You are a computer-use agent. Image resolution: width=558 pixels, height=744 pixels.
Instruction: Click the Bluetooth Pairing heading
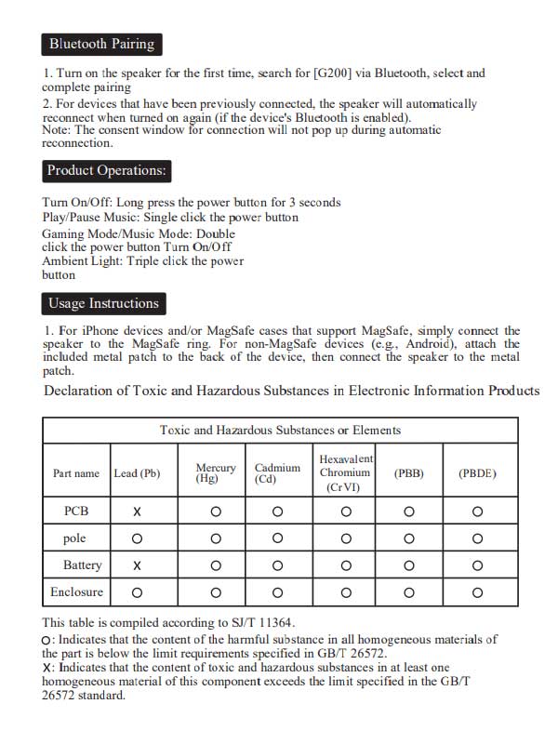click(101, 44)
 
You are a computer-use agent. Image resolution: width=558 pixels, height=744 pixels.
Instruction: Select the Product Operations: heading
click(107, 171)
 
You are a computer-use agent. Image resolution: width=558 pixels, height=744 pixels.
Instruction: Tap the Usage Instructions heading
click(103, 303)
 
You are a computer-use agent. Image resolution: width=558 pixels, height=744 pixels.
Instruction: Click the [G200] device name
click(335, 73)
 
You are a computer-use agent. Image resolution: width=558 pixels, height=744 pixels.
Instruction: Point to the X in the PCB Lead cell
click(137, 511)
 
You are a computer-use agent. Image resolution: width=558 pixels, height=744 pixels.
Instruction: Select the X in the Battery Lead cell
click(137, 565)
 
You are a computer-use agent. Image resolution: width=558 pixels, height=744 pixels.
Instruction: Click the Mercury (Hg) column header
click(216, 473)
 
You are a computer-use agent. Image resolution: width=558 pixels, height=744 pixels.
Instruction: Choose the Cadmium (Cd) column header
click(277, 473)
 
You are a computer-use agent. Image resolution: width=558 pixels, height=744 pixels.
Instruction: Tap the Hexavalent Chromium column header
click(345, 473)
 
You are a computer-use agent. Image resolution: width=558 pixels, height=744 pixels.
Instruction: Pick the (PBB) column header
click(409, 473)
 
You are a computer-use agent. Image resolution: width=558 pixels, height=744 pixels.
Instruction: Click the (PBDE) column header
click(477, 473)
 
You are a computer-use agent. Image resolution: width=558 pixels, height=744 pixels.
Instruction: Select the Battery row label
click(82, 565)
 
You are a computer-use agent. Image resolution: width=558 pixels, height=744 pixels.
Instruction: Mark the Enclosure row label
click(76, 591)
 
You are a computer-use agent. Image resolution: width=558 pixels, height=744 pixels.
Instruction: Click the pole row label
click(74, 538)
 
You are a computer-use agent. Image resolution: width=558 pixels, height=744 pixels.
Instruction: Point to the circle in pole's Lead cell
click(137, 538)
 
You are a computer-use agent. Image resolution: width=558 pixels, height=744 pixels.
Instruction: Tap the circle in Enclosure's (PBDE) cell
click(477, 592)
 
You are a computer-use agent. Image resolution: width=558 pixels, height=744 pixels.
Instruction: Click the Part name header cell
click(76, 473)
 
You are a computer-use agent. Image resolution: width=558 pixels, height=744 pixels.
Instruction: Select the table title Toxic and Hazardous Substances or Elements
click(280, 431)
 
